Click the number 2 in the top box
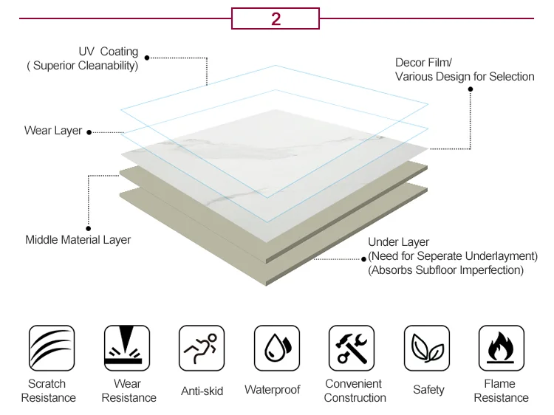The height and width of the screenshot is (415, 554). click(x=276, y=18)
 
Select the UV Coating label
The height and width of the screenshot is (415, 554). click(x=109, y=52)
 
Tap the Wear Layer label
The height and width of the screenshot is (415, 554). click(x=53, y=131)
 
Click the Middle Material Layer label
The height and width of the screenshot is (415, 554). click(x=78, y=239)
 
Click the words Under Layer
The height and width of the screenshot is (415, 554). click(x=398, y=242)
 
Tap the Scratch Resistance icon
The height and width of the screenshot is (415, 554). click(x=52, y=348)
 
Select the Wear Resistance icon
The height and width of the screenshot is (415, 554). click(x=127, y=348)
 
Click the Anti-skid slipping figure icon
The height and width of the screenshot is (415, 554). click(x=202, y=348)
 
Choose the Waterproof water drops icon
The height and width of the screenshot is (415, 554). click(x=277, y=348)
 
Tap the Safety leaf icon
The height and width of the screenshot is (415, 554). click(x=427, y=348)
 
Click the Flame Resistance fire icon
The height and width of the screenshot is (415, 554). click(x=502, y=348)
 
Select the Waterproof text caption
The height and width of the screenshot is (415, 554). click(x=273, y=389)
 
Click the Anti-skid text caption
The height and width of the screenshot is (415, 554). click(x=202, y=391)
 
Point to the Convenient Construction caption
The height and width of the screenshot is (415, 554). click(x=355, y=391)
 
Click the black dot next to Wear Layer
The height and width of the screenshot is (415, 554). click(x=89, y=132)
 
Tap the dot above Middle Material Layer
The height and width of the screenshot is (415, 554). click(x=89, y=228)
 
